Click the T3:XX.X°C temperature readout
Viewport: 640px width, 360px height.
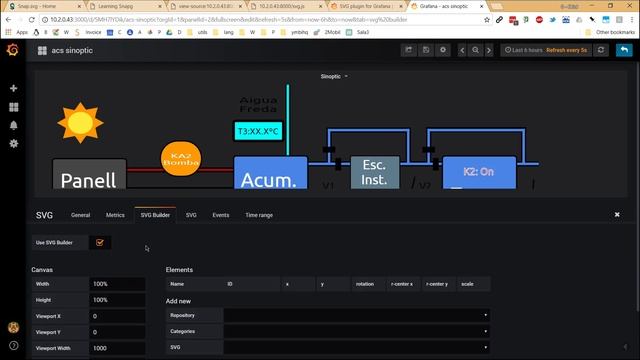click(x=257, y=131)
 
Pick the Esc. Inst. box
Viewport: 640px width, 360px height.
click(x=374, y=172)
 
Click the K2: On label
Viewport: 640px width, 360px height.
click(x=478, y=172)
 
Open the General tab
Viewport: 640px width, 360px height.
click(x=80, y=215)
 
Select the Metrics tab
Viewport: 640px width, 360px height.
click(x=115, y=215)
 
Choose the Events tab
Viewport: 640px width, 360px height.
click(x=220, y=215)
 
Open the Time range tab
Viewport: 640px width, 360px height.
click(x=259, y=215)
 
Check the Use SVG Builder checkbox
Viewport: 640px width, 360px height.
click(x=99, y=242)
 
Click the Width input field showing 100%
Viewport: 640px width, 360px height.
click(x=117, y=284)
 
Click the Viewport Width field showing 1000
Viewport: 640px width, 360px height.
click(x=117, y=348)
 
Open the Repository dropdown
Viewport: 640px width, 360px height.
click(x=356, y=315)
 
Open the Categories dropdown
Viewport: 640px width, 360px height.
click(x=356, y=331)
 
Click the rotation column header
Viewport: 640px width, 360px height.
click(x=365, y=284)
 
